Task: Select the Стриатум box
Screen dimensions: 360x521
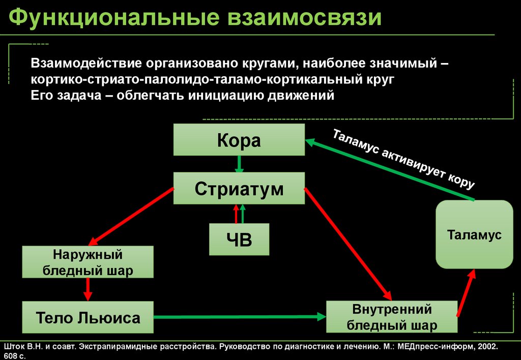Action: point(239,189)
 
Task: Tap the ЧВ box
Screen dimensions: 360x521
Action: point(239,239)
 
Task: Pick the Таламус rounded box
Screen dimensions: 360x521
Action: point(474,234)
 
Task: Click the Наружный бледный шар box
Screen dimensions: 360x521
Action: point(88,262)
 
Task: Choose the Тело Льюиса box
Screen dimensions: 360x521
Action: point(88,318)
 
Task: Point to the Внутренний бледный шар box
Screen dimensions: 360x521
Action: point(392,316)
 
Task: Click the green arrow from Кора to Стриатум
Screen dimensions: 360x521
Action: point(239,164)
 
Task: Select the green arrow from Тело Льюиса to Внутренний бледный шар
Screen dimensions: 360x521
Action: point(239,317)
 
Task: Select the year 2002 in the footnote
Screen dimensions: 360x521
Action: point(486,346)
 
